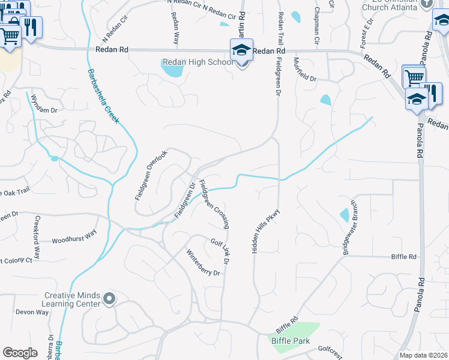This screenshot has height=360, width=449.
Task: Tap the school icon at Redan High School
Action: (241, 49)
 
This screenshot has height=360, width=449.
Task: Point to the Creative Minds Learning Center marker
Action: (109, 298)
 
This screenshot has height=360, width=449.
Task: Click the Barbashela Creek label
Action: (103, 95)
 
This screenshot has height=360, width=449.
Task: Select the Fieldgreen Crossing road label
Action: (214, 205)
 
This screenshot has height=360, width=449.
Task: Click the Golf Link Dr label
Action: (220, 251)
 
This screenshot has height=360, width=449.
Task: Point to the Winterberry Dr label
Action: (203, 263)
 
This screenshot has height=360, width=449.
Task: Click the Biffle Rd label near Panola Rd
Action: (403, 256)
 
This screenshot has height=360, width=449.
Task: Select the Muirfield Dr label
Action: (304, 70)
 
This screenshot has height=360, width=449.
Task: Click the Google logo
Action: (20, 353)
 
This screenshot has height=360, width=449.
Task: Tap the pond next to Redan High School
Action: (172, 71)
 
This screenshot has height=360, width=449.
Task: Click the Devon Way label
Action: (32, 312)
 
